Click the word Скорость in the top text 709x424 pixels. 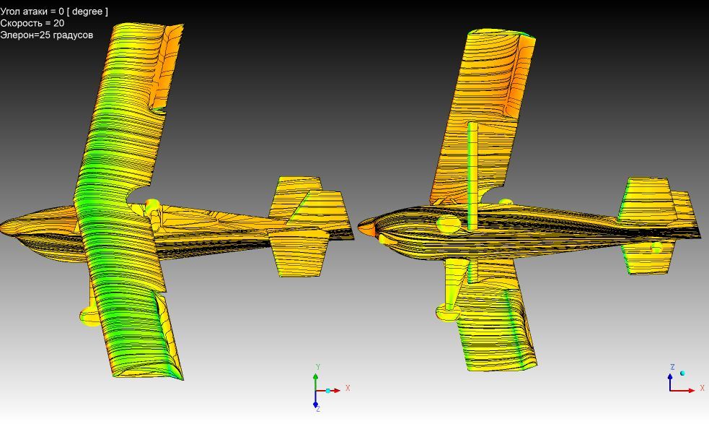point(19,23)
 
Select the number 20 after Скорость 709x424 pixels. point(58,23)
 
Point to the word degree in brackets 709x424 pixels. point(87,12)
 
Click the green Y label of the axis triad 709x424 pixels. point(318,367)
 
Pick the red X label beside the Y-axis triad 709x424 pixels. point(348,388)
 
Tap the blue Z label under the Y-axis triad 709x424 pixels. point(318,409)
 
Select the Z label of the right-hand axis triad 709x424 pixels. point(672,367)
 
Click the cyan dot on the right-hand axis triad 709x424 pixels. point(682,373)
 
